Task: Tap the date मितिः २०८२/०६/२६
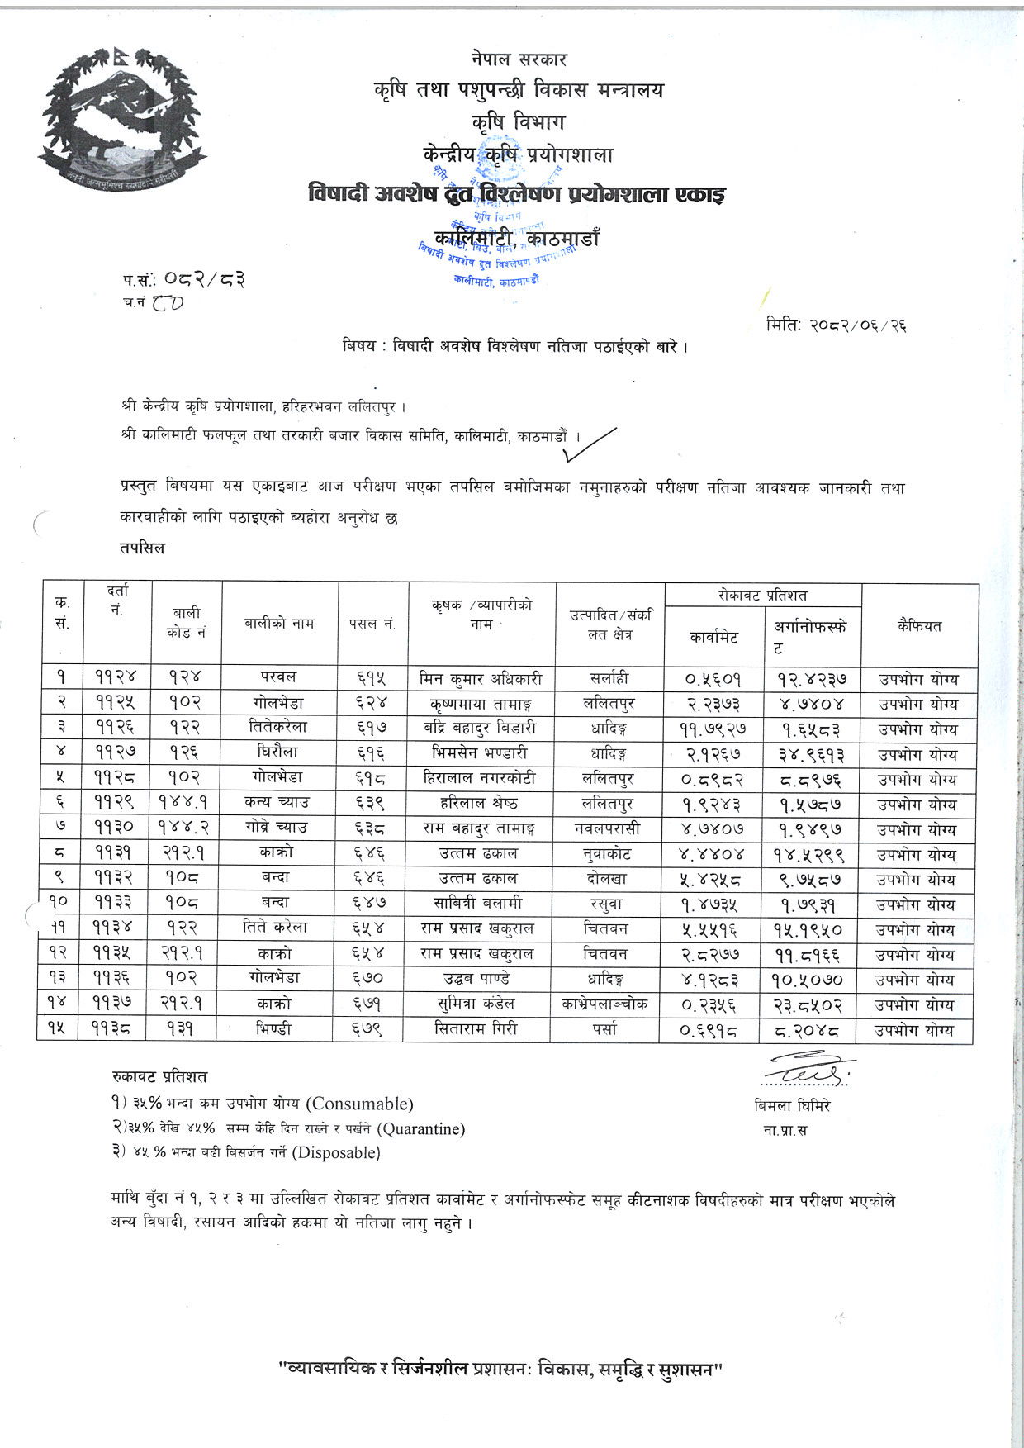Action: [836, 325]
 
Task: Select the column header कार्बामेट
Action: [713, 637]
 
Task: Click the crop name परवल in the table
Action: [280, 678]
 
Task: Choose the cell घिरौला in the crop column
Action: [280, 753]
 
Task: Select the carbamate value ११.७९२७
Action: [713, 729]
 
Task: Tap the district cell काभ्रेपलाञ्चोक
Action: [609, 1004]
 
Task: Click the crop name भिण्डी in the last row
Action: [280, 1030]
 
